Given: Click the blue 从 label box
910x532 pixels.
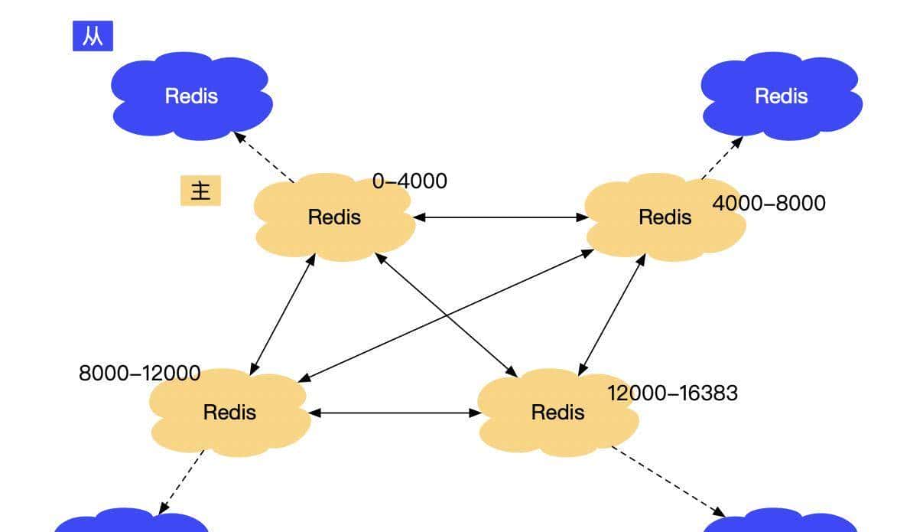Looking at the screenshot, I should (x=93, y=37).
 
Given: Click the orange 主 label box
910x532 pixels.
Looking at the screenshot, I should (x=200, y=191).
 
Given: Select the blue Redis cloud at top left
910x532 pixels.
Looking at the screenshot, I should (x=191, y=96).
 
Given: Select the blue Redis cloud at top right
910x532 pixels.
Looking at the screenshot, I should (x=781, y=96).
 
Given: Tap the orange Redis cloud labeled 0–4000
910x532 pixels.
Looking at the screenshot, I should (x=334, y=217).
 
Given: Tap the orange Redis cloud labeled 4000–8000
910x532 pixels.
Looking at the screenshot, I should (x=664, y=217).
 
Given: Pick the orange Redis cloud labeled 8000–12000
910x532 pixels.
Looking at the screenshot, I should (x=229, y=413).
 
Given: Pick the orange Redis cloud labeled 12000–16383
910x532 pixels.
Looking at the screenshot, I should (x=557, y=413).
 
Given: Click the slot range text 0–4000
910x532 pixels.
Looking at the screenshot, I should (x=410, y=181).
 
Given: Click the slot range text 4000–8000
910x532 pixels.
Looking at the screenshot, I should (x=769, y=203).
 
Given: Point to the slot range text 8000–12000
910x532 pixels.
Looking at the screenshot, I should (x=140, y=374).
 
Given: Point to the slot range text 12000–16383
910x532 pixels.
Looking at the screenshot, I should (x=672, y=393).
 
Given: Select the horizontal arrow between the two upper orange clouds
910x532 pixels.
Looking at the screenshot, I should (x=501, y=217).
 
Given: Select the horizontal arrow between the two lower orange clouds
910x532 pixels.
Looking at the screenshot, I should (x=394, y=413).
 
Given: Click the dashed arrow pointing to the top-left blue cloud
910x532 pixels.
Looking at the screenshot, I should (x=264, y=157).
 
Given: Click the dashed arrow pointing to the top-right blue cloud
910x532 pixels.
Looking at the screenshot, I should (x=722, y=158).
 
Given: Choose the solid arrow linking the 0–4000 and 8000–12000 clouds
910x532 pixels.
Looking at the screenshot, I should (x=282, y=314).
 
